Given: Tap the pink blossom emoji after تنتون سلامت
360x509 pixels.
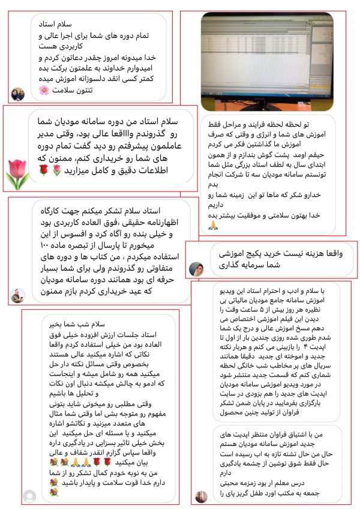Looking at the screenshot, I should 44,90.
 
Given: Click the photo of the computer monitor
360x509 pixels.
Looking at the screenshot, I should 266,61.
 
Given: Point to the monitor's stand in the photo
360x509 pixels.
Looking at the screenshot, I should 267,100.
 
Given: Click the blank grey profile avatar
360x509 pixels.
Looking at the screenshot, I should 29,496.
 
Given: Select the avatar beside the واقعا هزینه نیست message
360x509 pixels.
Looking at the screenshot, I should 197,269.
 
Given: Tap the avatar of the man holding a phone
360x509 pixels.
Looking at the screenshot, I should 17,294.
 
